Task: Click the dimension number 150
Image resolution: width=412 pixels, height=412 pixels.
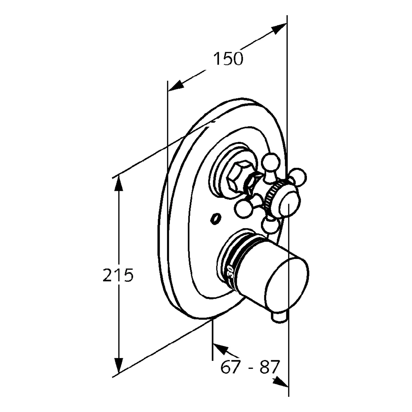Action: point(228,59)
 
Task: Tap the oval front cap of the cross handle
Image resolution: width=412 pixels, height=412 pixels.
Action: point(288,205)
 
